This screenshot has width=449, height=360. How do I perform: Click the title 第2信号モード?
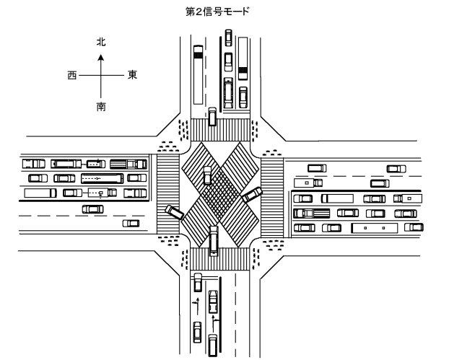click(217, 12)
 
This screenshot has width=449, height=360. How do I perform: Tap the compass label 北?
click(101, 42)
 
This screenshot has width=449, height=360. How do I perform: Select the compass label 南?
click(101, 107)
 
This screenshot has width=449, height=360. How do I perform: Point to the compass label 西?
click(72, 76)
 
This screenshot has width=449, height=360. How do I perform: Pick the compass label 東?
click(132, 75)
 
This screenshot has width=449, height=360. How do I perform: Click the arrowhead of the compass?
click(101, 58)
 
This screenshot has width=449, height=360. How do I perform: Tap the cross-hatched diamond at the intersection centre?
click(220, 191)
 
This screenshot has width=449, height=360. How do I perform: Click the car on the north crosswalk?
click(212, 117)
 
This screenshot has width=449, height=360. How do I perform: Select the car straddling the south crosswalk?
click(214, 241)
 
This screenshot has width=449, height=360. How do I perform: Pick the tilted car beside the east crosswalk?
click(252, 195)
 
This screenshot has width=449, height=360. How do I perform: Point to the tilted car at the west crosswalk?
click(175, 212)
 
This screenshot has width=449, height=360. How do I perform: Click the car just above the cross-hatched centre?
click(207, 175)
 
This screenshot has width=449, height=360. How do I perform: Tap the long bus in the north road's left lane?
click(199, 75)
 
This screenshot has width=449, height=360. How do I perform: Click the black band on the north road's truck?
click(243, 70)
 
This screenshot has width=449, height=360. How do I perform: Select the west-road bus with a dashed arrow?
click(103, 178)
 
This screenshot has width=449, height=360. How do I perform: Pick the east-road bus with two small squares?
click(375, 228)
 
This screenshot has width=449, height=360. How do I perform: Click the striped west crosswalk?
click(168, 194)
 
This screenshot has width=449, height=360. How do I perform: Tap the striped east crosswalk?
click(272, 197)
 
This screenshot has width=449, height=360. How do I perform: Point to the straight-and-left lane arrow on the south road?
click(197, 306)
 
